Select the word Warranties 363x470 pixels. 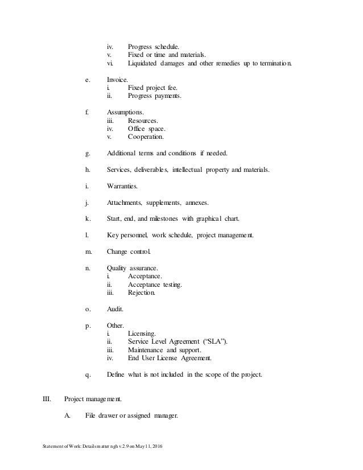coord(122,186)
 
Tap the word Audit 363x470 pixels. coord(114,310)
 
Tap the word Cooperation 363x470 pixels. coord(146,137)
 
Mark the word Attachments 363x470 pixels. coord(124,203)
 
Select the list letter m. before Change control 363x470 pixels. coord(88,252)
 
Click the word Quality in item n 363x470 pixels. coord(117,269)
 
